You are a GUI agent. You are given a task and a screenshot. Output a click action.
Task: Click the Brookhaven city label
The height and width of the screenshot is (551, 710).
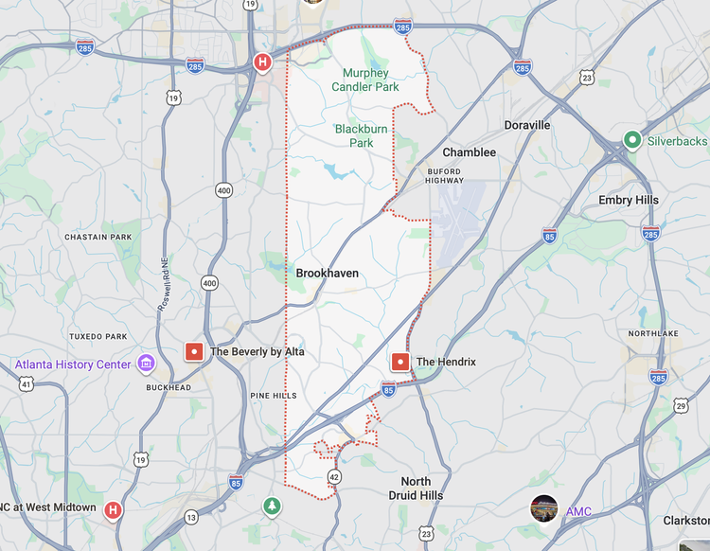tap(328, 273)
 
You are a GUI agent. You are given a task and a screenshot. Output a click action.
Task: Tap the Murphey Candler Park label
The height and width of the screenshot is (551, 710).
tap(365, 80)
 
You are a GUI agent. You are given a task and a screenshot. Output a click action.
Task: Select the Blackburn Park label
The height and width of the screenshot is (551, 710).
tap(354, 136)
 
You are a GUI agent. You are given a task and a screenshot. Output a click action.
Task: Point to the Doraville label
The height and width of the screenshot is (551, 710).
tap(527, 125)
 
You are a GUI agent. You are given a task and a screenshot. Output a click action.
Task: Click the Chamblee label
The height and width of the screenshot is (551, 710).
tap(469, 152)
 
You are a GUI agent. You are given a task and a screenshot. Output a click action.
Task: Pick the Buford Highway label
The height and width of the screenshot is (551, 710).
tap(444, 175)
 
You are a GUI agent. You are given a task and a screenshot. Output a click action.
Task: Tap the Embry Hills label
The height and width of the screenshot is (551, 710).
tap(629, 200)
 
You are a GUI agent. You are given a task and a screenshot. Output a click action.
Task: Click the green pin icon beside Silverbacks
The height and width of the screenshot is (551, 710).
tap(631, 141)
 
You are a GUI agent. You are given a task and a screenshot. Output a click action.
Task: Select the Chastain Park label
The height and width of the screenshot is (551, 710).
tap(98, 237)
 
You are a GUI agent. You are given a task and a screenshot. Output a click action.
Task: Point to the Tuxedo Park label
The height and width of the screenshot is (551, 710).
tap(98, 337)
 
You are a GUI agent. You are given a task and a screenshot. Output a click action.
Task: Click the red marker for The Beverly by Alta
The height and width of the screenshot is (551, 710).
tap(194, 351)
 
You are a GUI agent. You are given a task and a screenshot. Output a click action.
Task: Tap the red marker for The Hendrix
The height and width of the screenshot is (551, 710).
tap(400, 362)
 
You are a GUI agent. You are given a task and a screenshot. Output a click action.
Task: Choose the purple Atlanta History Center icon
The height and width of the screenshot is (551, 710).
tap(146, 364)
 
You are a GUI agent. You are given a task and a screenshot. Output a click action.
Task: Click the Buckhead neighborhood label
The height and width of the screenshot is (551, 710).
tap(169, 387)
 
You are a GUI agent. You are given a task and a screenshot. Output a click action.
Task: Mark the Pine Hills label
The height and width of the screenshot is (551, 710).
tap(274, 396)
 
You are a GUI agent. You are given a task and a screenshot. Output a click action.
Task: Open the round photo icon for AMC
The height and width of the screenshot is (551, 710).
tap(544, 508)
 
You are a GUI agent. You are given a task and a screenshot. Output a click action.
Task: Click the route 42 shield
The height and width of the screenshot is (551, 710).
tap(334, 476)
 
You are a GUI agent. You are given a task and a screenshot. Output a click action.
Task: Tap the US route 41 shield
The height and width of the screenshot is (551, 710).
tap(27, 383)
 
